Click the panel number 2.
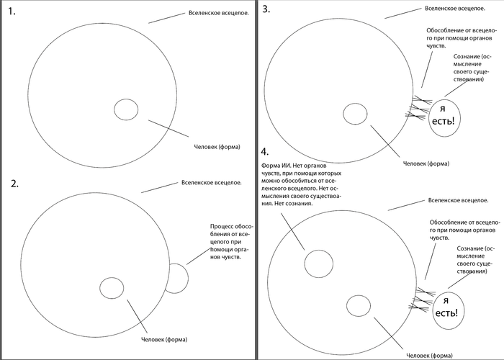click(x=14, y=184)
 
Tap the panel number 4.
click(x=266, y=152)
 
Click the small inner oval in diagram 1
click(x=126, y=109)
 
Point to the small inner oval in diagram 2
click(x=112, y=287)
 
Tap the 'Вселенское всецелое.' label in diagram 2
click(x=211, y=182)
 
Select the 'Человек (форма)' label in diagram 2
click(x=165, y=339)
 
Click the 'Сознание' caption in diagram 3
click(x=474, y=72)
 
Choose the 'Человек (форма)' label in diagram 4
click(x=430, y=355)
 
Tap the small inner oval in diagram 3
click(x=354, y=113)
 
